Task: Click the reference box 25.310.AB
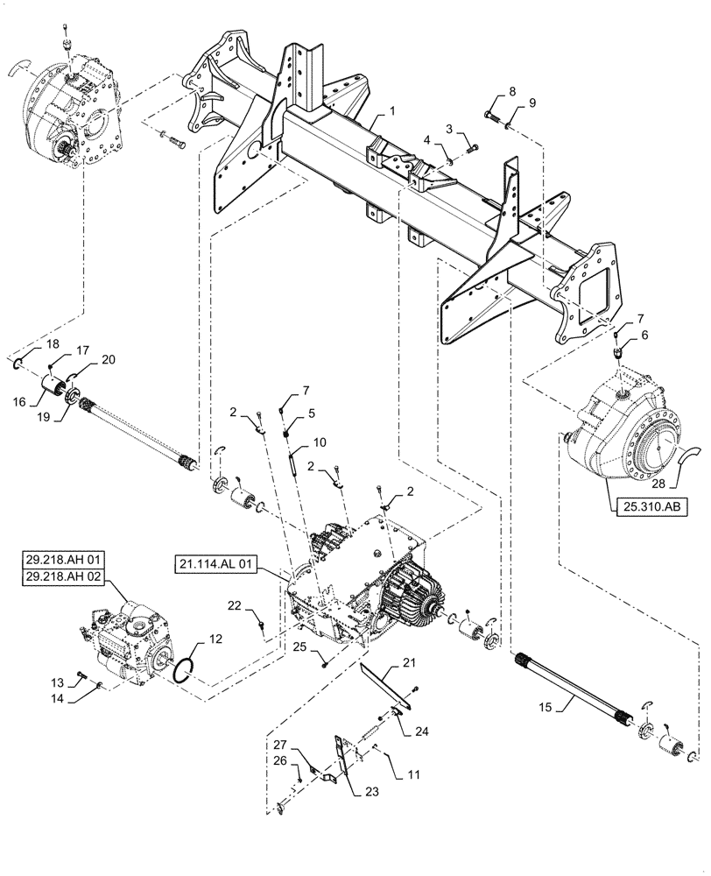(x=645, y=506)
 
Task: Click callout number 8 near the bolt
(x=512, y=91)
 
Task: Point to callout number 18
(x=28, y=344)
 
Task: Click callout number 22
(x=234, y=604)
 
